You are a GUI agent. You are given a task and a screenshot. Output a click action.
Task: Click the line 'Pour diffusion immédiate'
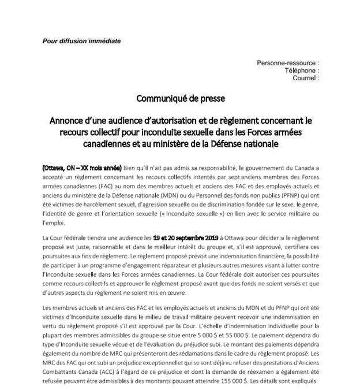[82, 41]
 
